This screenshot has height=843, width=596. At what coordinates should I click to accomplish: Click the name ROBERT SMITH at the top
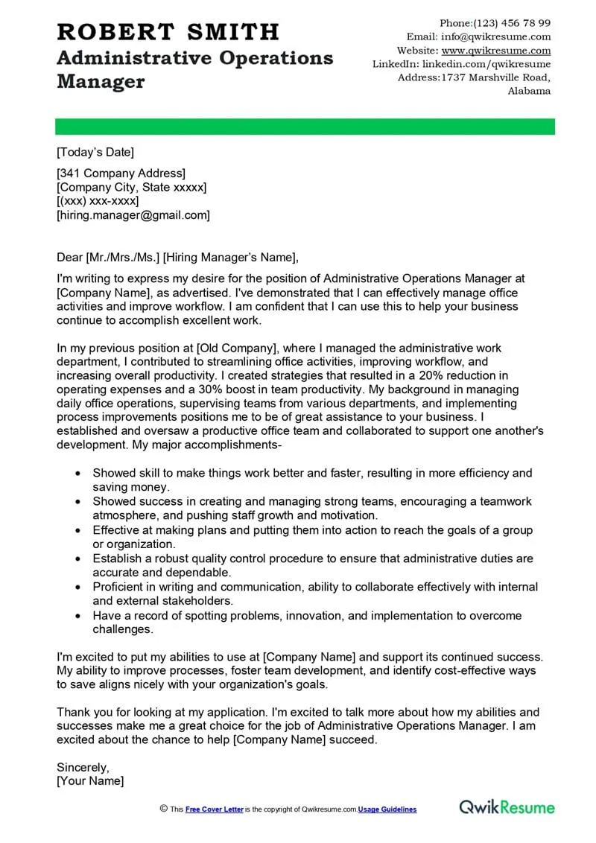[x=168, y=32]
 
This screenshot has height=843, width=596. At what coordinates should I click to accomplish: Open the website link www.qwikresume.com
[x=496, y=51]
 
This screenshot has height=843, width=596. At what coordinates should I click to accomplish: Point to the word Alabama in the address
[x=529, y=91]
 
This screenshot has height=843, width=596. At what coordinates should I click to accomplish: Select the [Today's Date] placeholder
[x=95, y=153]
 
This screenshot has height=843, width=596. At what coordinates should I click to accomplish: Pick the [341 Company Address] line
[x=121, y=174]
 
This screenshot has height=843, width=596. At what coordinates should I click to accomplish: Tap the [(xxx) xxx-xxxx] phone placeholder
[x=98, y=201]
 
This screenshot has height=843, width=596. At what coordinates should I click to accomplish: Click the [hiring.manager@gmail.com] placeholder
[x=133, y=215]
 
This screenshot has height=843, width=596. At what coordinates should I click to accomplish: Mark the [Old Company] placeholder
[x=232, y=348]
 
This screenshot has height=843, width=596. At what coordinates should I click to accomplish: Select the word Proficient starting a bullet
[x=119, y=587]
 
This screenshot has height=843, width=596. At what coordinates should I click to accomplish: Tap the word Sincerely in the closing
[x=83, y=767]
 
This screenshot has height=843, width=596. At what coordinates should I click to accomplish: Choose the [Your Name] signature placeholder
[x=90, y=781]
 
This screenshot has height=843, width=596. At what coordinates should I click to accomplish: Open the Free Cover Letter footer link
[x=215, y=809]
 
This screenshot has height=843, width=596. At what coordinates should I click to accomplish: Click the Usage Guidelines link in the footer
[x=387, y=809]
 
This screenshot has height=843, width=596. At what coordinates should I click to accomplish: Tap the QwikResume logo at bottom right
[x=507, y=807]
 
